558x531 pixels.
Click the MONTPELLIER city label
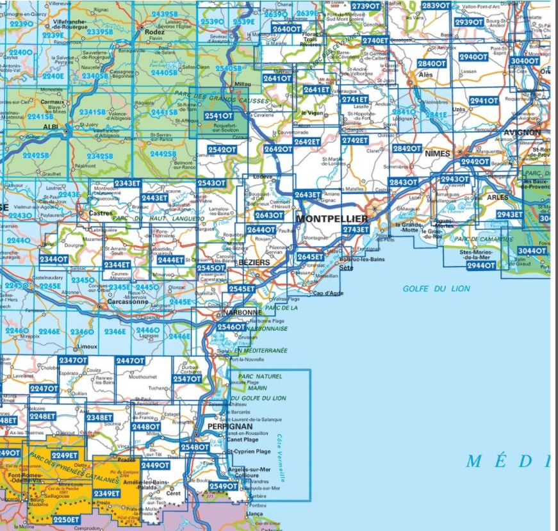tap(332, 219)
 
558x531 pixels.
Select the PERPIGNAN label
tap(231, 426)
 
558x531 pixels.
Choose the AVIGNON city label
tap(522, 133)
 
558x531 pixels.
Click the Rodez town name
tap(155, 31)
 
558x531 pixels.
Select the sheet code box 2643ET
tap(308, 195)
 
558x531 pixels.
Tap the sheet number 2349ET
tap(106, 493)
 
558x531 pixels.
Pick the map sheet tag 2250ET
tap(66, 519)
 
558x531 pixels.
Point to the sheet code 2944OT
tap(480, 265)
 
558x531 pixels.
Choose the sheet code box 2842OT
tap(406, 149)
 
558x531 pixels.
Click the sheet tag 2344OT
tap(53, 259)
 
